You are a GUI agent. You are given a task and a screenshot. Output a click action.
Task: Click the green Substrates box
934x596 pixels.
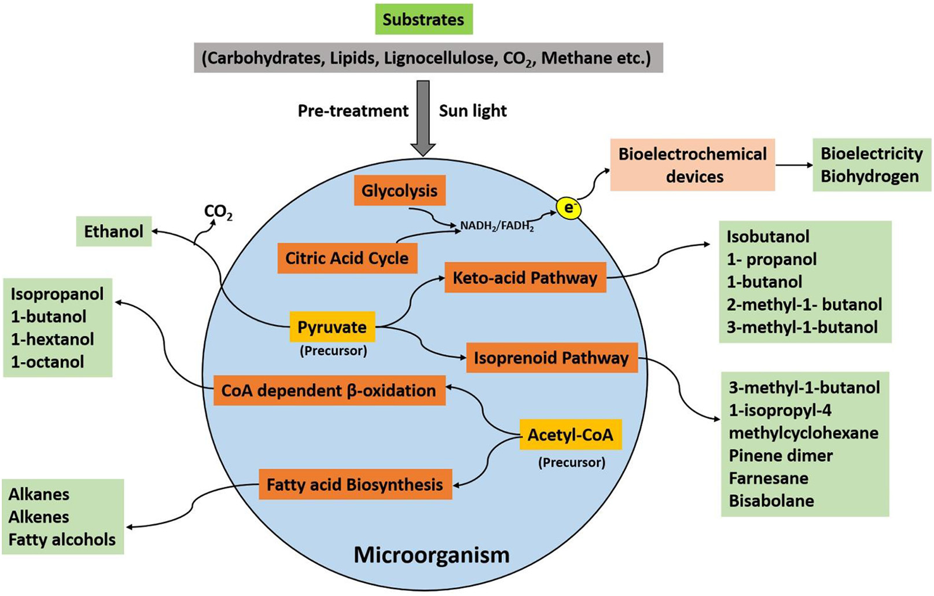click(423, 19)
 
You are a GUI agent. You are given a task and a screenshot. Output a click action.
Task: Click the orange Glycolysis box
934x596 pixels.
click(399, 190)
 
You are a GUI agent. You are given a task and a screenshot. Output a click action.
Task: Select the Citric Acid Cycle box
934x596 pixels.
click(347, 258)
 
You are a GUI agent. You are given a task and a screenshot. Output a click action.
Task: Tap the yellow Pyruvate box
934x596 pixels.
click(332, 327)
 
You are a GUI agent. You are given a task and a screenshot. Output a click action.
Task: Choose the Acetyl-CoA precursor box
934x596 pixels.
click(570, 435)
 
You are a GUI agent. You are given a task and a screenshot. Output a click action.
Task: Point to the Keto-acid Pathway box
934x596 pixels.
click(525, 278)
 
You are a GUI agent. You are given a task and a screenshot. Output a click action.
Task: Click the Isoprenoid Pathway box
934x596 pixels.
click(551, 358)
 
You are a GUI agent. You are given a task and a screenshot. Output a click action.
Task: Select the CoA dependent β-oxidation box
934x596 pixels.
click(329, 390)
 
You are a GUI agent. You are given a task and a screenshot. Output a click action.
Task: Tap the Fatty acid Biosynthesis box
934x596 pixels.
click(355, 484)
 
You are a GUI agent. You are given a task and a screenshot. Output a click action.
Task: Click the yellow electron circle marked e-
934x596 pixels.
click(569, 208)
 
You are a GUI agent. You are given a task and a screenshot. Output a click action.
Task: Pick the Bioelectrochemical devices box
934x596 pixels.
click(692, 165)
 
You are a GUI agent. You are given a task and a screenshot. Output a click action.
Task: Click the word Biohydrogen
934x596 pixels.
click(869, 176)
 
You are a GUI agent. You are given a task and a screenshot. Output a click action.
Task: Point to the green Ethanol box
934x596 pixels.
click(113, 231)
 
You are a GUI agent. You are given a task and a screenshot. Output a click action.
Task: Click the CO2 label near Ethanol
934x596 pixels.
click(218, 212)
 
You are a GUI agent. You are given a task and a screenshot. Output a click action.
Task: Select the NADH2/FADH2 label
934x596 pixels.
click(497, 226)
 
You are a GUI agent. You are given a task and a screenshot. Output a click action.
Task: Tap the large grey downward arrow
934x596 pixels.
click(423, 119)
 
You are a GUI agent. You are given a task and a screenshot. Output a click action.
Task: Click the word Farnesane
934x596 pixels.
click(768, 479)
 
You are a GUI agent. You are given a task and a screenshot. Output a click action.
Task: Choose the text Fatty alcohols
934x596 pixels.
click(62, 539)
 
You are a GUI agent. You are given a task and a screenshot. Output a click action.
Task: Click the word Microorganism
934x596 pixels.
click(431, 554)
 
